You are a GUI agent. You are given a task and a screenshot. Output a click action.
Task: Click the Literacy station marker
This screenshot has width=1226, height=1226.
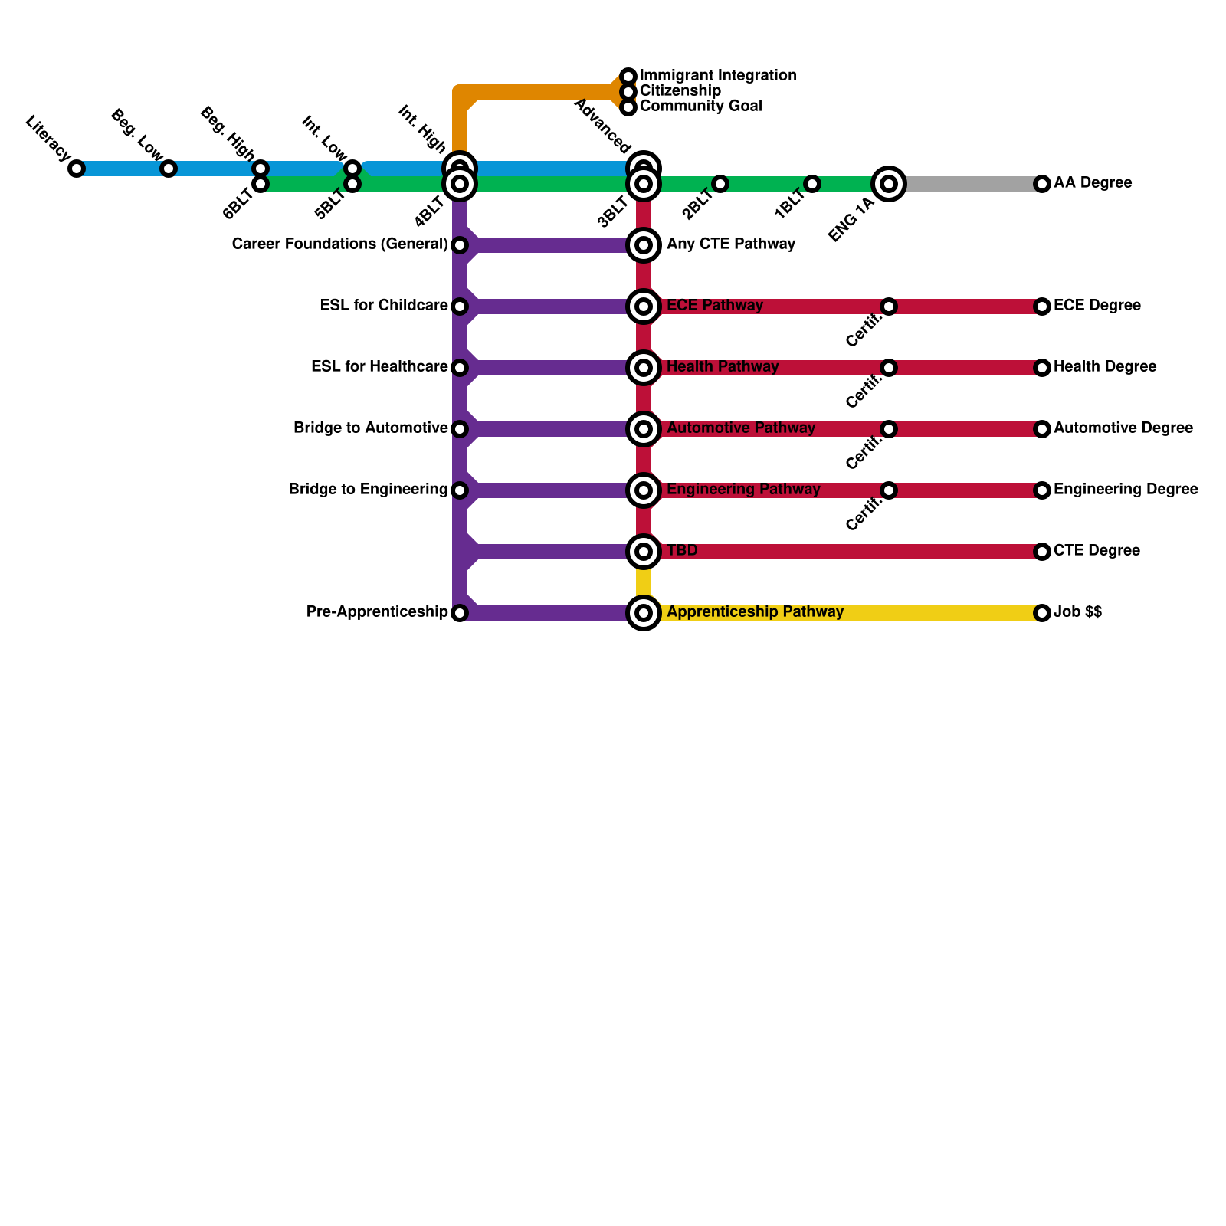click(77, 169)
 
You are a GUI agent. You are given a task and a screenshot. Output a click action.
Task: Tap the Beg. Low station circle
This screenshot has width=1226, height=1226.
click(169, 169)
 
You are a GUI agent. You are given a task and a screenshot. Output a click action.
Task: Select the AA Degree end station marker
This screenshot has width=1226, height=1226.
click(1041, 184)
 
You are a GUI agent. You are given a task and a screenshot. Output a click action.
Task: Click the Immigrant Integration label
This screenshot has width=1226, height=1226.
click(717, 76)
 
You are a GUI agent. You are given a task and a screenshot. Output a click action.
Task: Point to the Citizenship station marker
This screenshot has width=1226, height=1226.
click(628, 92)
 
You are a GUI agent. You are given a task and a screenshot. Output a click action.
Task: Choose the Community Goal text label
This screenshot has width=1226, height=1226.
click(700, 107)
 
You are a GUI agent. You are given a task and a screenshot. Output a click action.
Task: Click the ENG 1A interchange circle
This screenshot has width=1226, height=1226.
click(889, 184)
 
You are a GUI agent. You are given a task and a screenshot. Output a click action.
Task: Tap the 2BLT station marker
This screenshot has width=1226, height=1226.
click(720, 184)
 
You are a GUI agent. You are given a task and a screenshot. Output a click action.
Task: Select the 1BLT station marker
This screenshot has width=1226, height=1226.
click(812, 184)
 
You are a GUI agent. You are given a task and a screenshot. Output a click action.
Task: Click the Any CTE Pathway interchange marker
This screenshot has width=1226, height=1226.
click(644, 245)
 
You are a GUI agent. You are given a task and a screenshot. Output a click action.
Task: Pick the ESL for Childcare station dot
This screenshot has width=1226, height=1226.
click(460, 306)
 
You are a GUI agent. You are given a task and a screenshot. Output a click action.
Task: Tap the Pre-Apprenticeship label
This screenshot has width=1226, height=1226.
click(377, 612)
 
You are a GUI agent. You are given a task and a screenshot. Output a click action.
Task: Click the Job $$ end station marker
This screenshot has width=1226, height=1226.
click(1041, 613)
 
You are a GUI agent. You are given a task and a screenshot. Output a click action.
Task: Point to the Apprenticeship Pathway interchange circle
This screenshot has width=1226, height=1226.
click(644, 613)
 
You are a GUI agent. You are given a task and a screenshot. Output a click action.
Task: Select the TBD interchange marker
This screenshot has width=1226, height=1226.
click(644, 552)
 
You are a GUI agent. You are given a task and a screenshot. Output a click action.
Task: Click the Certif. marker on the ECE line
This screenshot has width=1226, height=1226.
click(889, 306)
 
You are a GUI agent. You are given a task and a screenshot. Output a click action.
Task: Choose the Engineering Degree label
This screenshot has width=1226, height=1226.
click(1126, 490)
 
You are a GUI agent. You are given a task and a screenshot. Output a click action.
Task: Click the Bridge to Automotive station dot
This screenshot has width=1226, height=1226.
click(460, 429)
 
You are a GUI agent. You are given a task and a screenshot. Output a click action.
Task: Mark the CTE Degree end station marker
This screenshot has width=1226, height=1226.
click(1041, 552)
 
